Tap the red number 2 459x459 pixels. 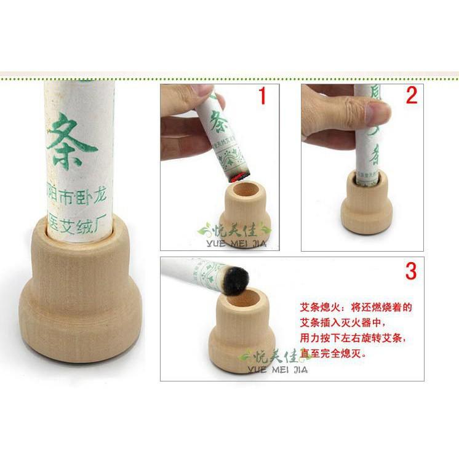[412, 95]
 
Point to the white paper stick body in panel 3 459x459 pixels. [191, 271]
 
